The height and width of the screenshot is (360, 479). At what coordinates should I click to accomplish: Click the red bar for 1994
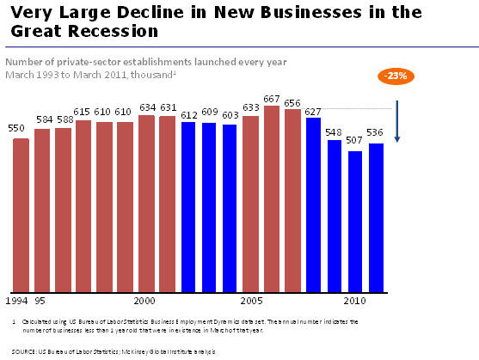(x=21, y=214)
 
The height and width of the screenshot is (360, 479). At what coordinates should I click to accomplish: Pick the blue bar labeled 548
(x=334, y=215)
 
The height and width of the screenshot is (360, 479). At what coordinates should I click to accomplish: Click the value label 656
(x=293, y=101)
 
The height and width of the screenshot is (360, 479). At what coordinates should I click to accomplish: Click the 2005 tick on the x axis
(x=251, y=302)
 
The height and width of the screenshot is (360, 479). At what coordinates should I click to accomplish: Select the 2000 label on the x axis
(x=144, y=302)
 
